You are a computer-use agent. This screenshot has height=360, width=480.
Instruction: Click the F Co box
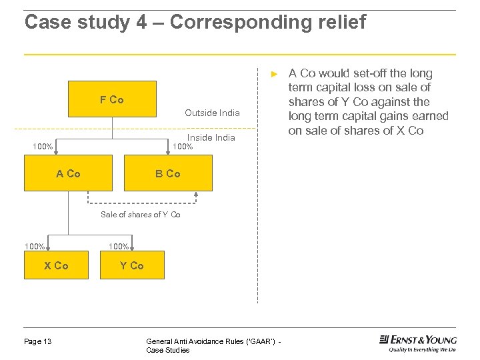[112, 99]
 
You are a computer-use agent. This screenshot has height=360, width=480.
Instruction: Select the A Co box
[68, 173]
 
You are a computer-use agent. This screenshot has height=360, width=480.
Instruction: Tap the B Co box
[168, 173]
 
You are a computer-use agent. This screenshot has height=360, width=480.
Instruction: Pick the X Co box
[56, 265]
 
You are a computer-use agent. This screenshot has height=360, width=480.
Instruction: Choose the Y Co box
[132, 265]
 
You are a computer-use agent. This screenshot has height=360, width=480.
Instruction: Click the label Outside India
[212, 113]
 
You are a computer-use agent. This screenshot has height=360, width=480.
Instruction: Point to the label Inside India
[211, 137]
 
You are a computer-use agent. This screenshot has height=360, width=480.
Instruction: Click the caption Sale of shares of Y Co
[140, 215]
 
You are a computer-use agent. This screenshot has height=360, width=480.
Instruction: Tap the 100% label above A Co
[43, 147]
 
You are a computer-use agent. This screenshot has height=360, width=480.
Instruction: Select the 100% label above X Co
[35, 247]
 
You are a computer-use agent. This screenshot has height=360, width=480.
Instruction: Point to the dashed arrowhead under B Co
[196, 195]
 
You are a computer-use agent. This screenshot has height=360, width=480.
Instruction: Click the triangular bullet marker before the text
[272, 73]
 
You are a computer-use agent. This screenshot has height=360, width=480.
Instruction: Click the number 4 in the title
[141, 22]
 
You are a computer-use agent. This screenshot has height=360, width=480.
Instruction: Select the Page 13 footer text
[38, 341]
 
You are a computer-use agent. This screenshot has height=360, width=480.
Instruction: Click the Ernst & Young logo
[418, 343]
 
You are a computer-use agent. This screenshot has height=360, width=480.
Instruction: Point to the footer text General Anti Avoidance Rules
[213, 341]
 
